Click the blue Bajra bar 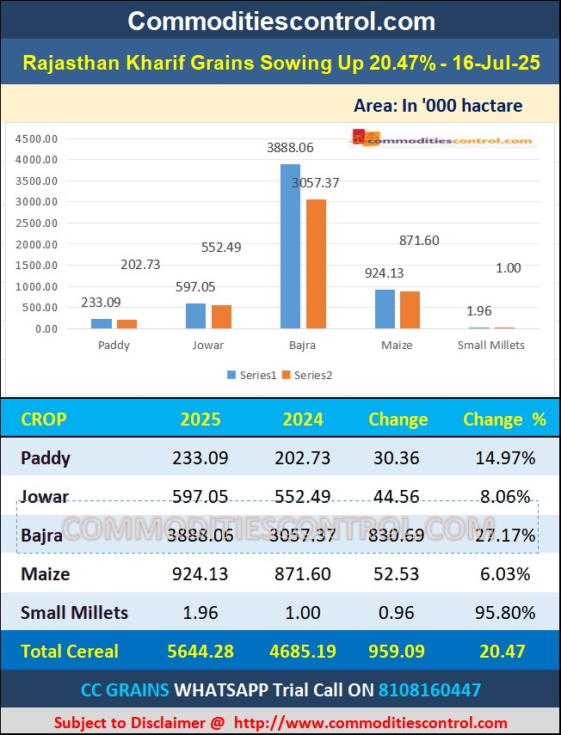(x=290, y=246)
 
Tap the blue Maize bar (x=385, y=309)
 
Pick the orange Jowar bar (x=221, y=316)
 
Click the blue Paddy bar (x=102, y=323)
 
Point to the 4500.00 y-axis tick (x=37, y=138)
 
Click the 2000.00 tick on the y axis (x=37, y=244)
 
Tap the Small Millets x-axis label (x=490, y=346)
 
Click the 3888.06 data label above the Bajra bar (x=290, y=148)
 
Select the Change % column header (x=504, y=420)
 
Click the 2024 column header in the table (x=304, y=420)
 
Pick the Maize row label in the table (x=45, y=573)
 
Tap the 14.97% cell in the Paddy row (x=505, y=458)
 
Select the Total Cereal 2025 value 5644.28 (x=200, y=651)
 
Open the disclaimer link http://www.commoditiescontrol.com (x=370, y=722)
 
